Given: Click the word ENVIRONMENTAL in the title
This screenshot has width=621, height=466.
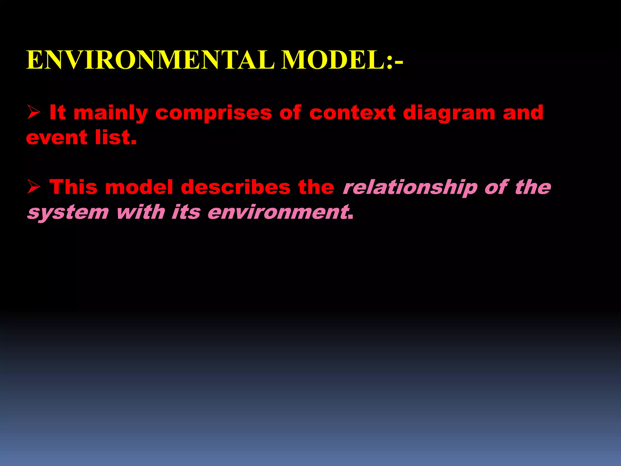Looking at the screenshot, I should coord(150,60).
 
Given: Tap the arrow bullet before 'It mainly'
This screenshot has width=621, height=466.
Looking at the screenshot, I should coord(33,113).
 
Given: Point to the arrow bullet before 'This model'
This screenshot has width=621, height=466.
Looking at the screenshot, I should coord(33,187).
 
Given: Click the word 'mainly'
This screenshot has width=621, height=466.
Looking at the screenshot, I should coord(111,113).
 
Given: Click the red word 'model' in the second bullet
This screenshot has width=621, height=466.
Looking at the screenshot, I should coord(139,187).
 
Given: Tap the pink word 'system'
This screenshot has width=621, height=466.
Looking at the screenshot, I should coord(68,212).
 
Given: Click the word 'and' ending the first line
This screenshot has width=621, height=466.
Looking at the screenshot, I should coord(523,113).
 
